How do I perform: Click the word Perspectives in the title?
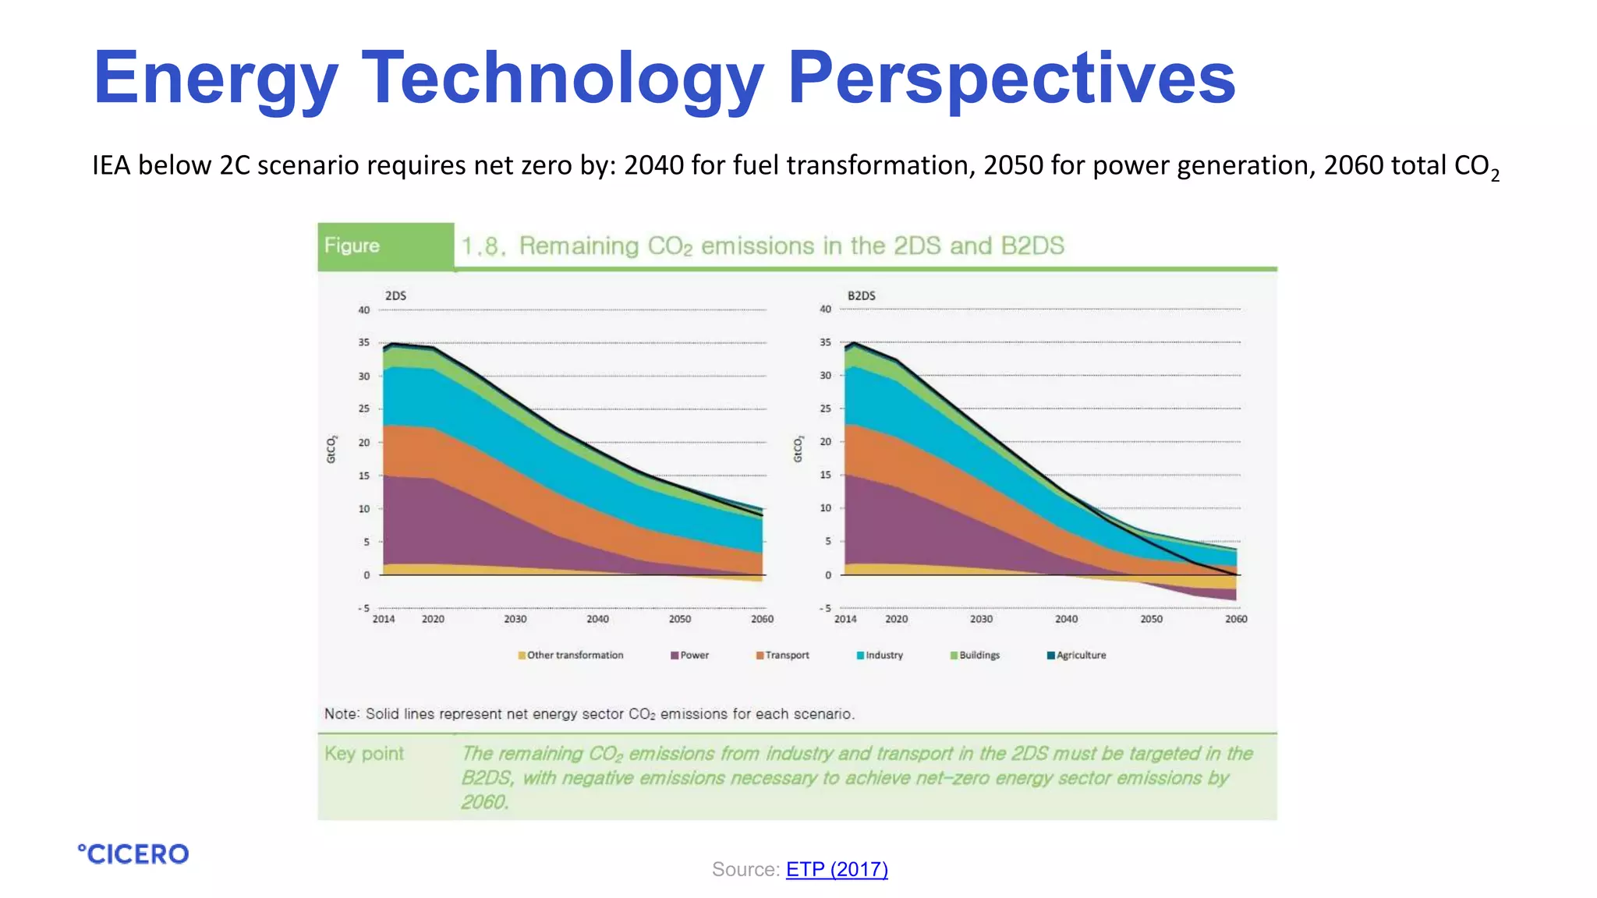[x=1011, y=78]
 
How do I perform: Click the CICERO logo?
[x=133, y=854]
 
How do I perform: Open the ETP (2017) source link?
[x=837, y=869]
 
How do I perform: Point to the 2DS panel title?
[x=395, y=295]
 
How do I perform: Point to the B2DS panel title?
[x=861, y=295]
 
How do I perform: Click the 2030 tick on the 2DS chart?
[x=515, y=619]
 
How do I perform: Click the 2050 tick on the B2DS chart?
[x=1151, y=619]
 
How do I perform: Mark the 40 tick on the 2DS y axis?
[x=364, y=310]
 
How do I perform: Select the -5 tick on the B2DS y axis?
[x=824, y=608]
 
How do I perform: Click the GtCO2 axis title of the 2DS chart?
[x=331, y=450]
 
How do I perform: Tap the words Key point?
[x=364, y=754]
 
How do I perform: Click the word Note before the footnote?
[x=342, y=714]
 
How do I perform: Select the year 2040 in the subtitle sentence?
[x=653, y=165]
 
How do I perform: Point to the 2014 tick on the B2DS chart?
[x=845, y=619]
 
